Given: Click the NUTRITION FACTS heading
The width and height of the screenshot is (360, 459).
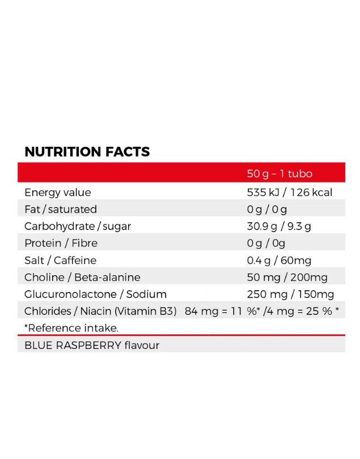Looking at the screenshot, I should pos(87,152).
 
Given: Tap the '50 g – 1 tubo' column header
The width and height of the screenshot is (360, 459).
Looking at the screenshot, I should pos(279,174).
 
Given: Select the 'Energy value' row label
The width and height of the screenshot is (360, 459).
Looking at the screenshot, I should pos(57,192).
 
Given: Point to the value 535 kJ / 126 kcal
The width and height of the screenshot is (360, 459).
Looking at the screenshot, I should pos(290,192).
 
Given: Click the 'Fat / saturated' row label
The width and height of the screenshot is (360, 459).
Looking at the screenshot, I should pos(61,209).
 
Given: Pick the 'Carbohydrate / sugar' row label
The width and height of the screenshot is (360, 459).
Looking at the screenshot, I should pos(78,226).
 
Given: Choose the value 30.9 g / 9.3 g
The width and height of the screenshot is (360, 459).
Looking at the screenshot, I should pos(279,226).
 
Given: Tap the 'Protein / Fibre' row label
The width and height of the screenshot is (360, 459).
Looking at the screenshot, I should pos(61,243).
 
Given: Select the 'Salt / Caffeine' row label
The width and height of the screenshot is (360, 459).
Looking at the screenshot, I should pos(60,260).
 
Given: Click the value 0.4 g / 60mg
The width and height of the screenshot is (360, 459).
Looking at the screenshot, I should pos(279,260).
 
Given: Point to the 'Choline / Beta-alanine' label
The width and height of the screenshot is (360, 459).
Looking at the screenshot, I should pos(82,277).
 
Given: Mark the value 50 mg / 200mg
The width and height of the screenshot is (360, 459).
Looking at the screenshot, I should pos(287,277).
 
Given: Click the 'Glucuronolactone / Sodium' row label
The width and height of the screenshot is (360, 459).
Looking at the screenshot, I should pos(95,294).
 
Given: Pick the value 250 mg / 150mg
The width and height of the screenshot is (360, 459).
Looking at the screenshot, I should pos(290,294).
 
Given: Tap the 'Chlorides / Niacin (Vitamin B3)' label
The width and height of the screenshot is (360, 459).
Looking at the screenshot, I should pos(100,311).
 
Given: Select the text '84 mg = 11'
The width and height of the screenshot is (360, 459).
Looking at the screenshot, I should pos(213,311).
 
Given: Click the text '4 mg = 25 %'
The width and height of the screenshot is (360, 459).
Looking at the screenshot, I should pos(304,311).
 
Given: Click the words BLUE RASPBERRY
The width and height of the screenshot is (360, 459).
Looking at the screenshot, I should pos(73,345).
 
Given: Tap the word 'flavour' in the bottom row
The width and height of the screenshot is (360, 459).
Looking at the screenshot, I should pos(142,345).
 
